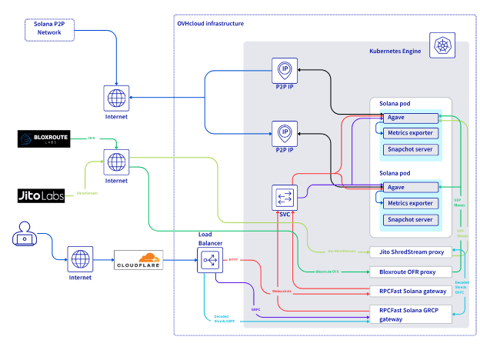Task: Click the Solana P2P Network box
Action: [x=48, y=29]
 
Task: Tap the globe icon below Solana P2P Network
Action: [x=116, y=98]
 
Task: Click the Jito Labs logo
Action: [x=42, y=195]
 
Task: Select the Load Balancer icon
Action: [x=209, y=261]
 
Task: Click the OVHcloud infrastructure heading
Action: [x=210, y=24]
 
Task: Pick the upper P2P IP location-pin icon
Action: [x=285, y=70]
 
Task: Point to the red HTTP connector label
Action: [x=233, y=260]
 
